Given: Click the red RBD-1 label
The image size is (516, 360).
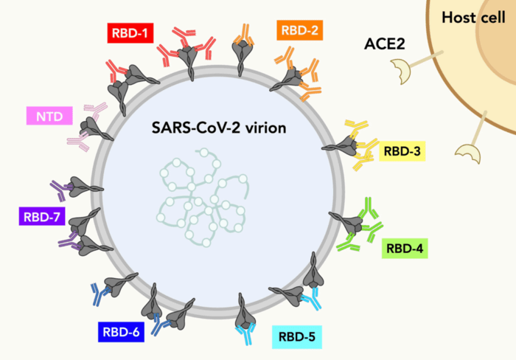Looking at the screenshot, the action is coord(130,33).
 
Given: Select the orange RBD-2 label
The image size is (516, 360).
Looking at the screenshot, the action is coord(299,30).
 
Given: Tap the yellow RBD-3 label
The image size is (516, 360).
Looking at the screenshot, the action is coord(402,151).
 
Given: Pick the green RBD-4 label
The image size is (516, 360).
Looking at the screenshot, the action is coord(405,249).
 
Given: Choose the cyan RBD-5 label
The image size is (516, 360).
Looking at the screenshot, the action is coord(297,337).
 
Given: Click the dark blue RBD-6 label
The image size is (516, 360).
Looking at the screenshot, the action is coord(121,332).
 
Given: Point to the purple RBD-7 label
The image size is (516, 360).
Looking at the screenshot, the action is coord(42,216).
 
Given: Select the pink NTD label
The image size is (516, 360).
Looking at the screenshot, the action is coord(49,116).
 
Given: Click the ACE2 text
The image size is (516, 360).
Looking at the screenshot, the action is coord(384,44).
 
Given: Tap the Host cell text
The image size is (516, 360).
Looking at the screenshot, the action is coord(473,17).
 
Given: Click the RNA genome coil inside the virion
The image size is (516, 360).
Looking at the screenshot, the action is coord(203,198).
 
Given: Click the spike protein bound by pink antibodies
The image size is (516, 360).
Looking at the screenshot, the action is coord(94,128).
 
